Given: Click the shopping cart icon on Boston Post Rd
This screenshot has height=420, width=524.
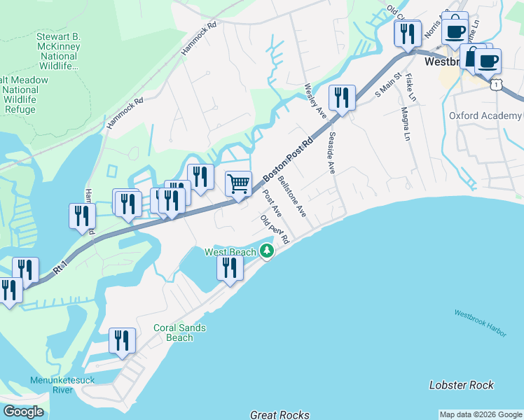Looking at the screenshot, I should click(x=239, y=184).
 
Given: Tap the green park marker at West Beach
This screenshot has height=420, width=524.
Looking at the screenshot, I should click(x=266, y=251).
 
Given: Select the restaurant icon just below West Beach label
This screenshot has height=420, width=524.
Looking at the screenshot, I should click(x=230, y=268).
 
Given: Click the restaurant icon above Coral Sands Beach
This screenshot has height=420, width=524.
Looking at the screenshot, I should click(x=123, y=342).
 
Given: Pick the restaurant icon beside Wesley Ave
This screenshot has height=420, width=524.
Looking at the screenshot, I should click(x=342, y=98).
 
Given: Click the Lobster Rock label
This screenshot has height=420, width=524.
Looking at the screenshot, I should click(x=461, y=385).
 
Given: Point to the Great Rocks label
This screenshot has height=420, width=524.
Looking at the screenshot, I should click(x=280, y=414).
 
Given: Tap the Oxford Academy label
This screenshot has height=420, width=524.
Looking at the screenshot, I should click(x=485, y=115).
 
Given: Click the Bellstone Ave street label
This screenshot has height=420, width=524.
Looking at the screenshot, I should click(x=291, y=196).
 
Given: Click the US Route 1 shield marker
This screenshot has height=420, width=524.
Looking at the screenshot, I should click(x=497, y=85).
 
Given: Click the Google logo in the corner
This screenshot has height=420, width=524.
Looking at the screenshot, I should click(x=23, y=412).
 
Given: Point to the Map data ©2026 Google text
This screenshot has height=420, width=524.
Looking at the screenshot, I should click(x=481, y=414).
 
